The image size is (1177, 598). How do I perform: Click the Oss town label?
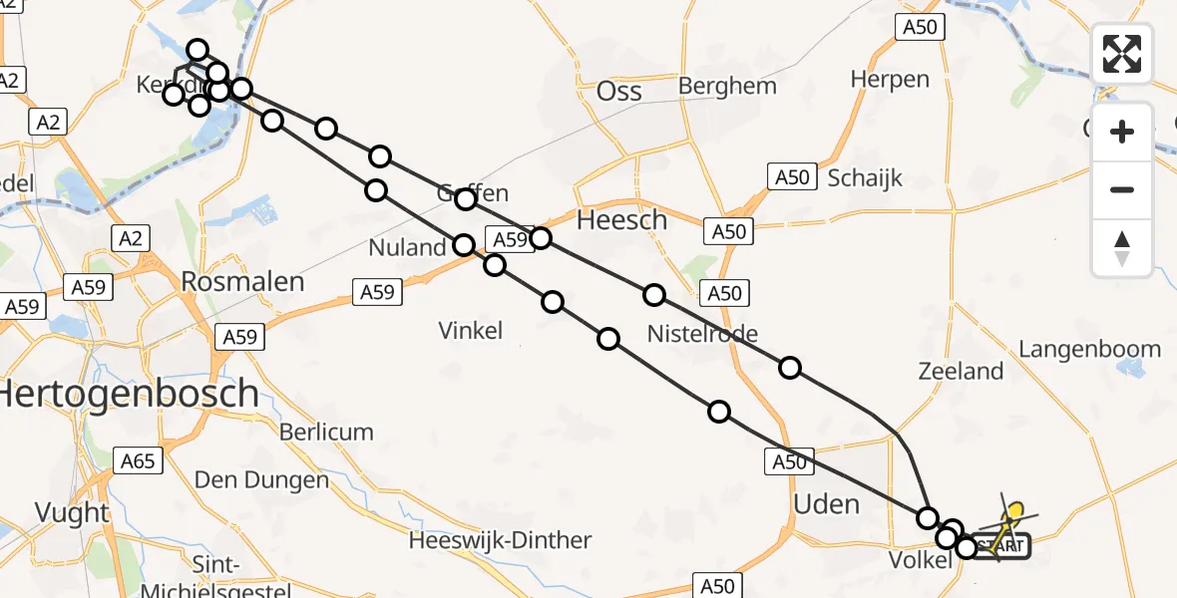618,93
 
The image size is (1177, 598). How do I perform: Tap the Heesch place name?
622,220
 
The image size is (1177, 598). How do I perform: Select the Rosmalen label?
242,282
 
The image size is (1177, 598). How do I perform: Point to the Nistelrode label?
702,333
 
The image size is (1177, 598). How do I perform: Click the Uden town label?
826,504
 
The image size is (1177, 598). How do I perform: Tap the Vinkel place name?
471,330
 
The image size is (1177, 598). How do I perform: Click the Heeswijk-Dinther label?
501,541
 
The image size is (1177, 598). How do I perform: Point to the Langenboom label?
1089,349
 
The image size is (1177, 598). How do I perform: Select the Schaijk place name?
865,178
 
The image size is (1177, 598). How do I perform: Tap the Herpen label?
890,80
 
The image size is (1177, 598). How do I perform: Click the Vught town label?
72,512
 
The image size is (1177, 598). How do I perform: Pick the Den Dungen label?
261,480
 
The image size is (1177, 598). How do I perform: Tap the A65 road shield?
138,460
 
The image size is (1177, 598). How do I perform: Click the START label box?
999,546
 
